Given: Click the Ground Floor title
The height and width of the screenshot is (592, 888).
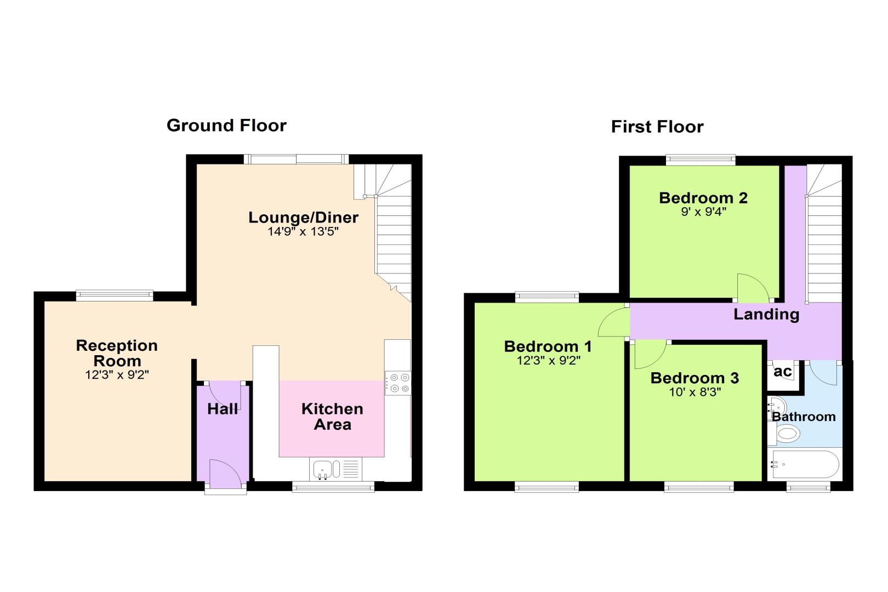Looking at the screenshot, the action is point(226,126).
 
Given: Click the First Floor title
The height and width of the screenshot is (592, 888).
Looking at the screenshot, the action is point(657,127).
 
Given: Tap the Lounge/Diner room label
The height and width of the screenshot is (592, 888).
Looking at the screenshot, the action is point(303,217).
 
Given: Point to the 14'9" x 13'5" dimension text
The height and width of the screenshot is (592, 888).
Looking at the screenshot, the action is point(303,231).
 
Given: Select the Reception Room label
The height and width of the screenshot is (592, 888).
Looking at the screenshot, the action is point(117,353).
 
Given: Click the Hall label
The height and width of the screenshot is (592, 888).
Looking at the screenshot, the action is point(223,409).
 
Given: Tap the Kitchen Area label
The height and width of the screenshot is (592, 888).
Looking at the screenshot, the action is point(332,417).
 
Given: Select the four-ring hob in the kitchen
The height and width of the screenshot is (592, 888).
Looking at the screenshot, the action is point(398,383).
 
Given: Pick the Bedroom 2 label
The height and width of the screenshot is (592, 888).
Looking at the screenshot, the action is point(703,198).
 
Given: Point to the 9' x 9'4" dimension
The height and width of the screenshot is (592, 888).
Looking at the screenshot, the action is point(703,212).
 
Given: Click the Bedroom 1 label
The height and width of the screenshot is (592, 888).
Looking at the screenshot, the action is point(548,346).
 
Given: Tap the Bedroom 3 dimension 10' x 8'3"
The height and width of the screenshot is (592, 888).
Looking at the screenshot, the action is point(695,392).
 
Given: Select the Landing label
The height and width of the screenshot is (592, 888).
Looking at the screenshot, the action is point(766,314).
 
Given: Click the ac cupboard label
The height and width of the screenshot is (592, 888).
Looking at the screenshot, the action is point(783,372).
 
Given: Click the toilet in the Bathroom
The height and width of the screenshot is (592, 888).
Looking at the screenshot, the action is point(785,434).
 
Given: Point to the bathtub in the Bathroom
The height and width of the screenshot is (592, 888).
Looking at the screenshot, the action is point(805,464).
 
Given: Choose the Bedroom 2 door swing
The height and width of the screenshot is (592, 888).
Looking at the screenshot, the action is point(753,287).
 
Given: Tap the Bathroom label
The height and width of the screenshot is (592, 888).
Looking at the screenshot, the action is point(804,417).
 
